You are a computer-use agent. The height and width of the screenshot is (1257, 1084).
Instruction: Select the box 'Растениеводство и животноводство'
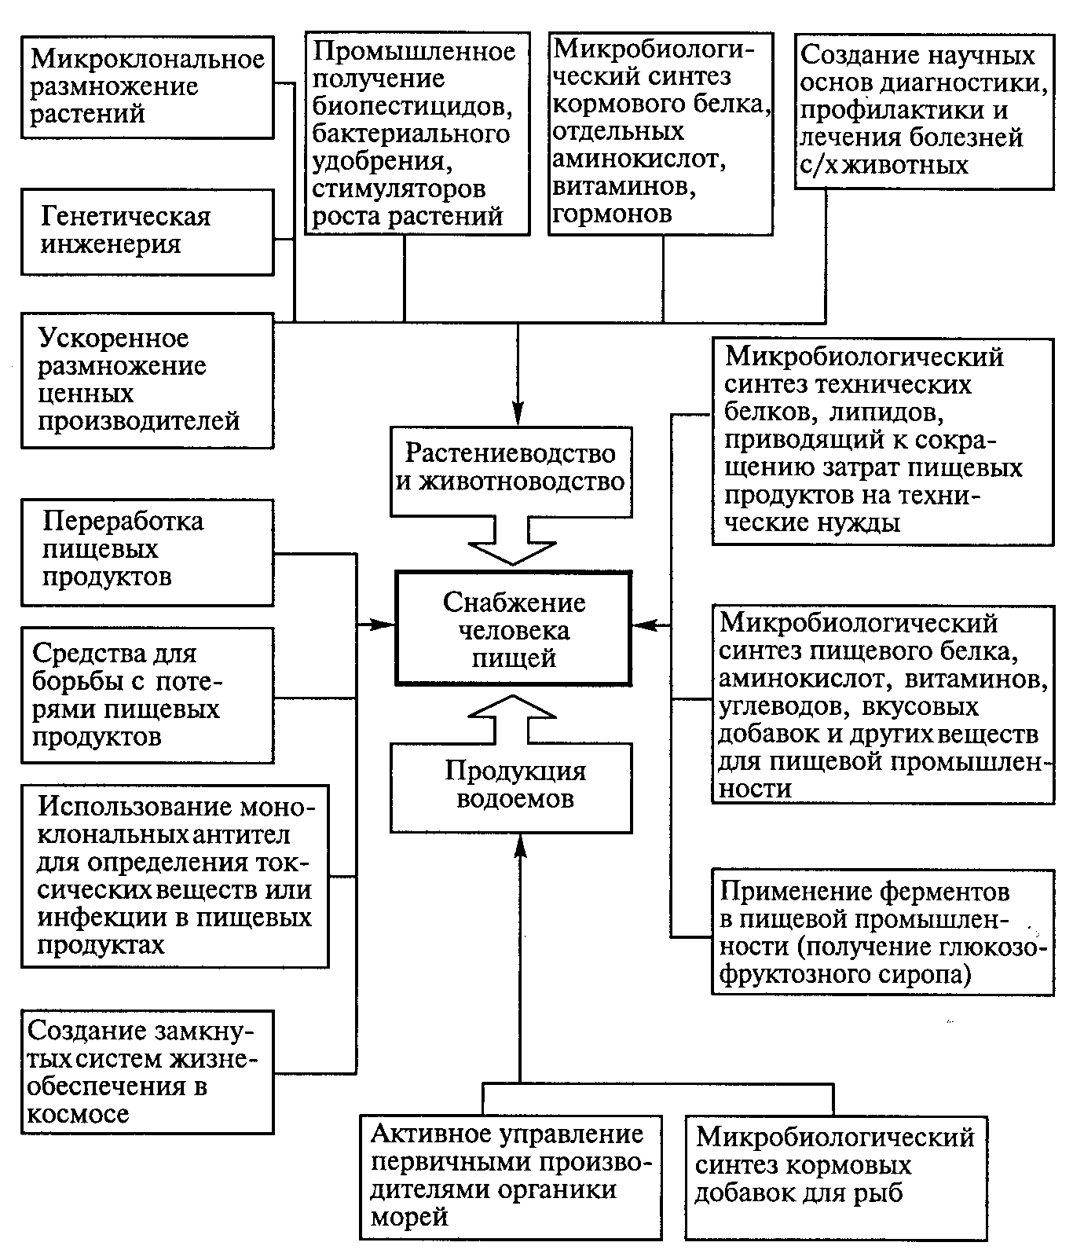point(511,469)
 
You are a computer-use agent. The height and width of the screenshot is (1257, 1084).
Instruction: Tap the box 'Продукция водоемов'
point(511,786)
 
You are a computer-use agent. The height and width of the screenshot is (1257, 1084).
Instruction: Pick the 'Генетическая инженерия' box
point(147,231)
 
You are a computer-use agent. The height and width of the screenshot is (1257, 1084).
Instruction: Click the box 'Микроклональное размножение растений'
point(147,86)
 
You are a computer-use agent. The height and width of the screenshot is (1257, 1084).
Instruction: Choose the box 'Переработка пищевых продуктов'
point(147,552)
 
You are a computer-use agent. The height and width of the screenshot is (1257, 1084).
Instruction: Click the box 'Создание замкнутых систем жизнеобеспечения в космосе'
point(147,1072)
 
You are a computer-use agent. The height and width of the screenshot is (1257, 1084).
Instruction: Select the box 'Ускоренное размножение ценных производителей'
point(147,380)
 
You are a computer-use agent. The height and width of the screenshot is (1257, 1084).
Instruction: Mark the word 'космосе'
point(79,1114)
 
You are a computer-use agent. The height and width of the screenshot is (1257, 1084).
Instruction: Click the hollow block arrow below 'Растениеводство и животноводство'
point(512,550)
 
